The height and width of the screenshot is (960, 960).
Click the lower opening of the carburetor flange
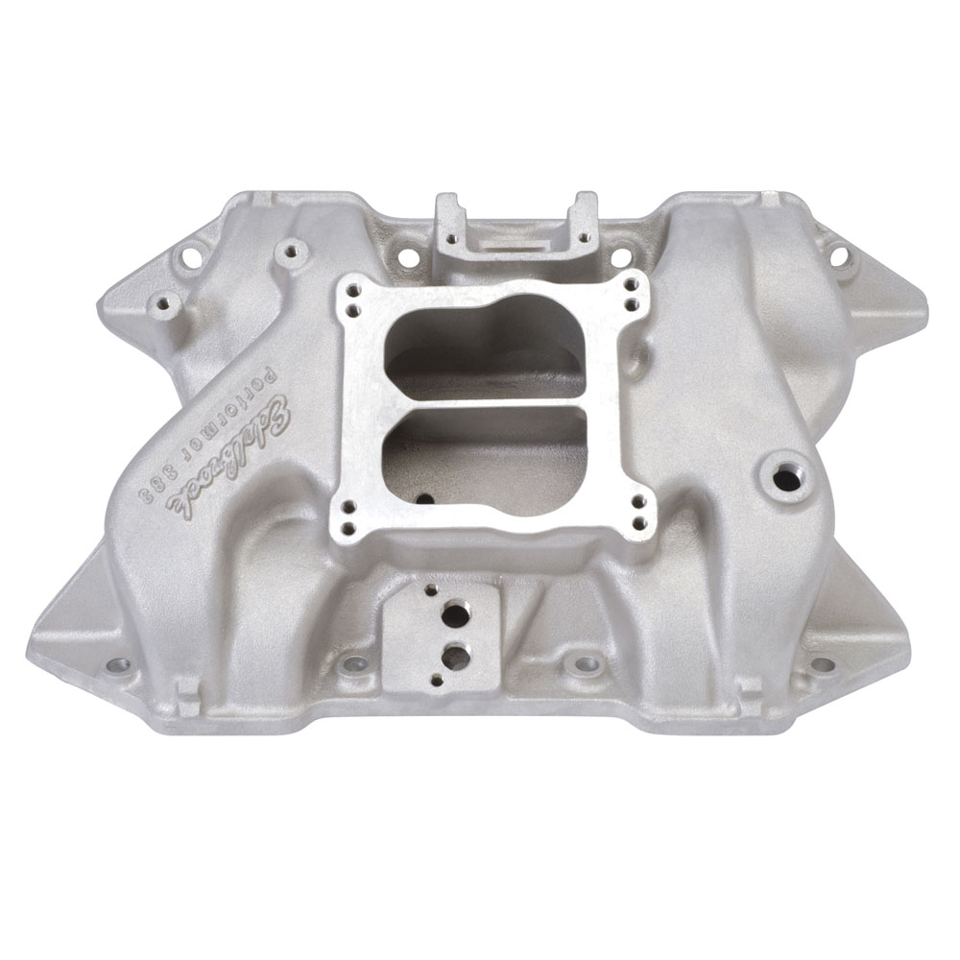(487, 455)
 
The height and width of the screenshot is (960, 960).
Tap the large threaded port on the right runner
(787, 476)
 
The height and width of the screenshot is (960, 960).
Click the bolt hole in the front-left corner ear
(117, 663)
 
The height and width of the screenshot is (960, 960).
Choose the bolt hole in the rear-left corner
(187, 257)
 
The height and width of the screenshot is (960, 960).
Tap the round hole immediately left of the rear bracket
(407, 257)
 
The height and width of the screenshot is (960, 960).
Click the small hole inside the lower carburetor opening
(422, 499)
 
